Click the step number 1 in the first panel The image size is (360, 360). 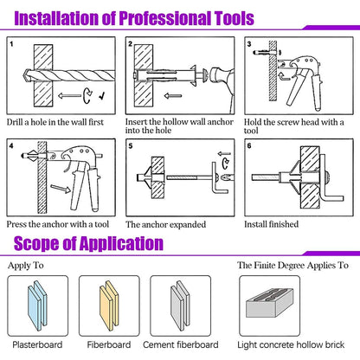(11, 44)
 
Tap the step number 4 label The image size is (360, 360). (11, 145)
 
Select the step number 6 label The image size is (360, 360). (249, 145)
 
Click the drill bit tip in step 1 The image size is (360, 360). (25, 75)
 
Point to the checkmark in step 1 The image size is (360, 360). (102, 95)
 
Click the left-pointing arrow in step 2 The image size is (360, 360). (173, 96)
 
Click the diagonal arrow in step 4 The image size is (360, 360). (61, 189)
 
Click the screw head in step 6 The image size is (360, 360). (328, 177)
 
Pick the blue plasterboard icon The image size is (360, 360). (37, 305)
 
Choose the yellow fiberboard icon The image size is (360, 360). (109, 305)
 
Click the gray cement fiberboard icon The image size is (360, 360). (180, 305)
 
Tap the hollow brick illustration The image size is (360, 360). (270, 302)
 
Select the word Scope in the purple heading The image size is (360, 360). (36, 243)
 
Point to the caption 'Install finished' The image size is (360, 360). (271, 224)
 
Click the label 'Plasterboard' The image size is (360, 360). (37, 344)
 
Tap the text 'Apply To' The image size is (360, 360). (26, 266)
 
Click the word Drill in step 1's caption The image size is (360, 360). (15, 122)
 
